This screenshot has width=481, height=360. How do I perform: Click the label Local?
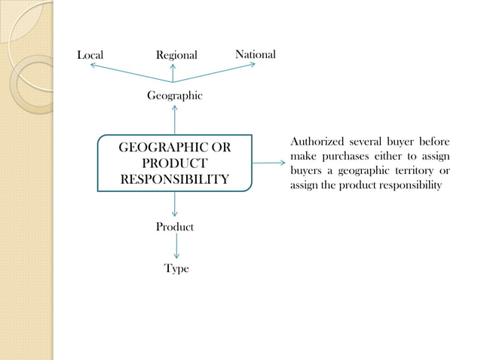pos(90,55)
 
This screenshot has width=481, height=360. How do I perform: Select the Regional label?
pos(176,56)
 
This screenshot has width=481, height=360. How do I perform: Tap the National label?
pos(256,54)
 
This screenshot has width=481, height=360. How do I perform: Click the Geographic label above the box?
pos(175,96)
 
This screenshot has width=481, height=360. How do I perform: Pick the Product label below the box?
pos(175,227)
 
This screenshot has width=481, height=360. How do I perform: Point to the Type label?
pos(176,269)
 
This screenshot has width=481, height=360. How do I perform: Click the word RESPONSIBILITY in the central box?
pos(175,179)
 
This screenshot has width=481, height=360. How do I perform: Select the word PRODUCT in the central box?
pos(175,163)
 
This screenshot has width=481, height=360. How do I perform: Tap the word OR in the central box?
pos(221,148)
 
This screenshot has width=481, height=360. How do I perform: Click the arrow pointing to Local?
pos(132,73)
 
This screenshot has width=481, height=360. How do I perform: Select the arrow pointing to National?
pos(214,72)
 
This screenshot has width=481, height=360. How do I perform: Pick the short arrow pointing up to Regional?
pos(173,73)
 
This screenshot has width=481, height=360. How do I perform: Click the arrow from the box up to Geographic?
pos(175,120)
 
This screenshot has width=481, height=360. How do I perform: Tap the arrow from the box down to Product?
pos(175,204)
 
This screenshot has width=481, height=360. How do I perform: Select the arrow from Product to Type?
pos(176,246)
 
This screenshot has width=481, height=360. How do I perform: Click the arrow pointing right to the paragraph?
pos(268,163)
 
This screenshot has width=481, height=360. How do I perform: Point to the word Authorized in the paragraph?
pos(317,142)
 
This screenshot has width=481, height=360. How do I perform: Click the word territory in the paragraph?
pos(415,170)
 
